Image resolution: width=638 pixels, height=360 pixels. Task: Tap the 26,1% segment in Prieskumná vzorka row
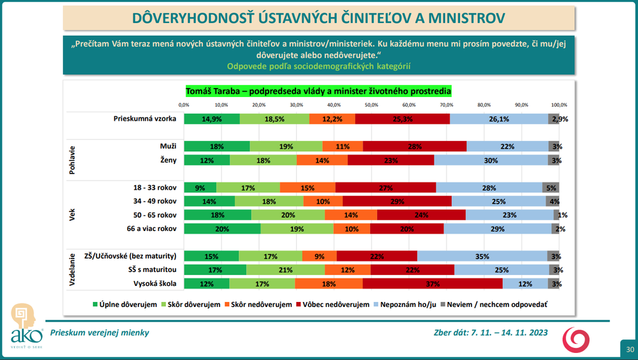(x=499, y=119)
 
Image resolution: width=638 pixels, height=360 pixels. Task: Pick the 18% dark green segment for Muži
(x=217, y=146)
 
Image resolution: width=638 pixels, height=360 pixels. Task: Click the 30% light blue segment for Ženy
(x=491, y=160)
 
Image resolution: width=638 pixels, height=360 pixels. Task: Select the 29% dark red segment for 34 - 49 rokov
(x=396, y=202)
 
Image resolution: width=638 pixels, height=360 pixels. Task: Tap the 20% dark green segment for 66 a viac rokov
(x=221, y=229)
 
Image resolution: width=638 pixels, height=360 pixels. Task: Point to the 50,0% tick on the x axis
(x=371, y=105)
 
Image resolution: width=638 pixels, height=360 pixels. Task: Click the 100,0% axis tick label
(x=559, y=105)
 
